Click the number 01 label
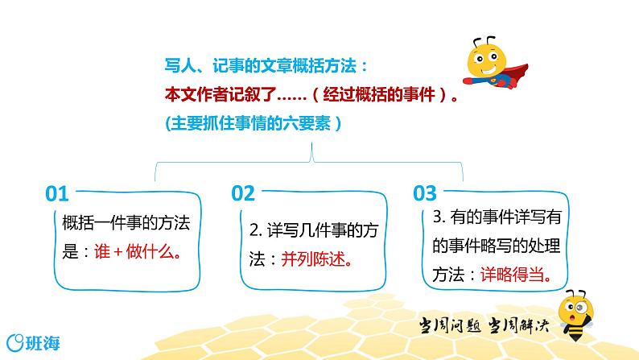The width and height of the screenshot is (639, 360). tap(58, 193)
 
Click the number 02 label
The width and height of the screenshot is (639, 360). tap(242, 193)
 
